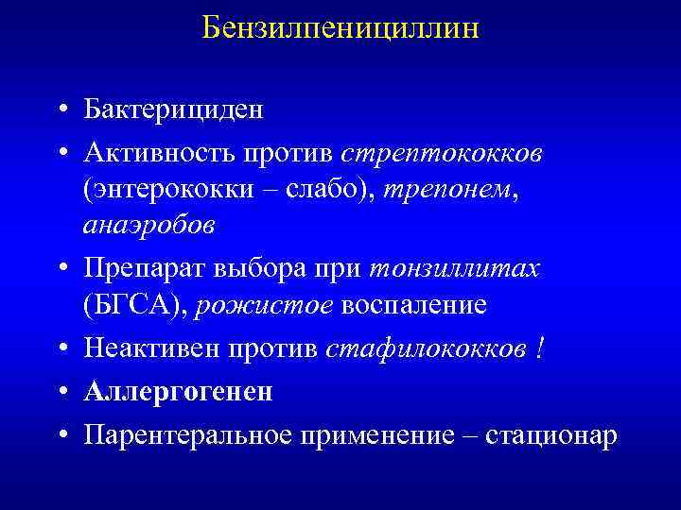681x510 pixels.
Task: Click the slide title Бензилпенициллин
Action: [340, 28]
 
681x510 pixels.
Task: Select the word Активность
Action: [161, 153]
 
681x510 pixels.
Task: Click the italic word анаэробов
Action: [149, 226]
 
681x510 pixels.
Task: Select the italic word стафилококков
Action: [425, 349]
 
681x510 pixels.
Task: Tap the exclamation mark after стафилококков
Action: [539, 349]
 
